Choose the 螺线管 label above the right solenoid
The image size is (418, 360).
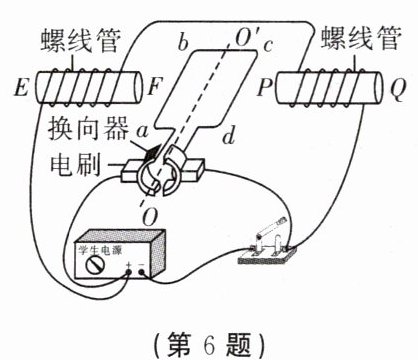pos(357,41)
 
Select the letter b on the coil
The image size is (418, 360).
pos(180,42)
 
